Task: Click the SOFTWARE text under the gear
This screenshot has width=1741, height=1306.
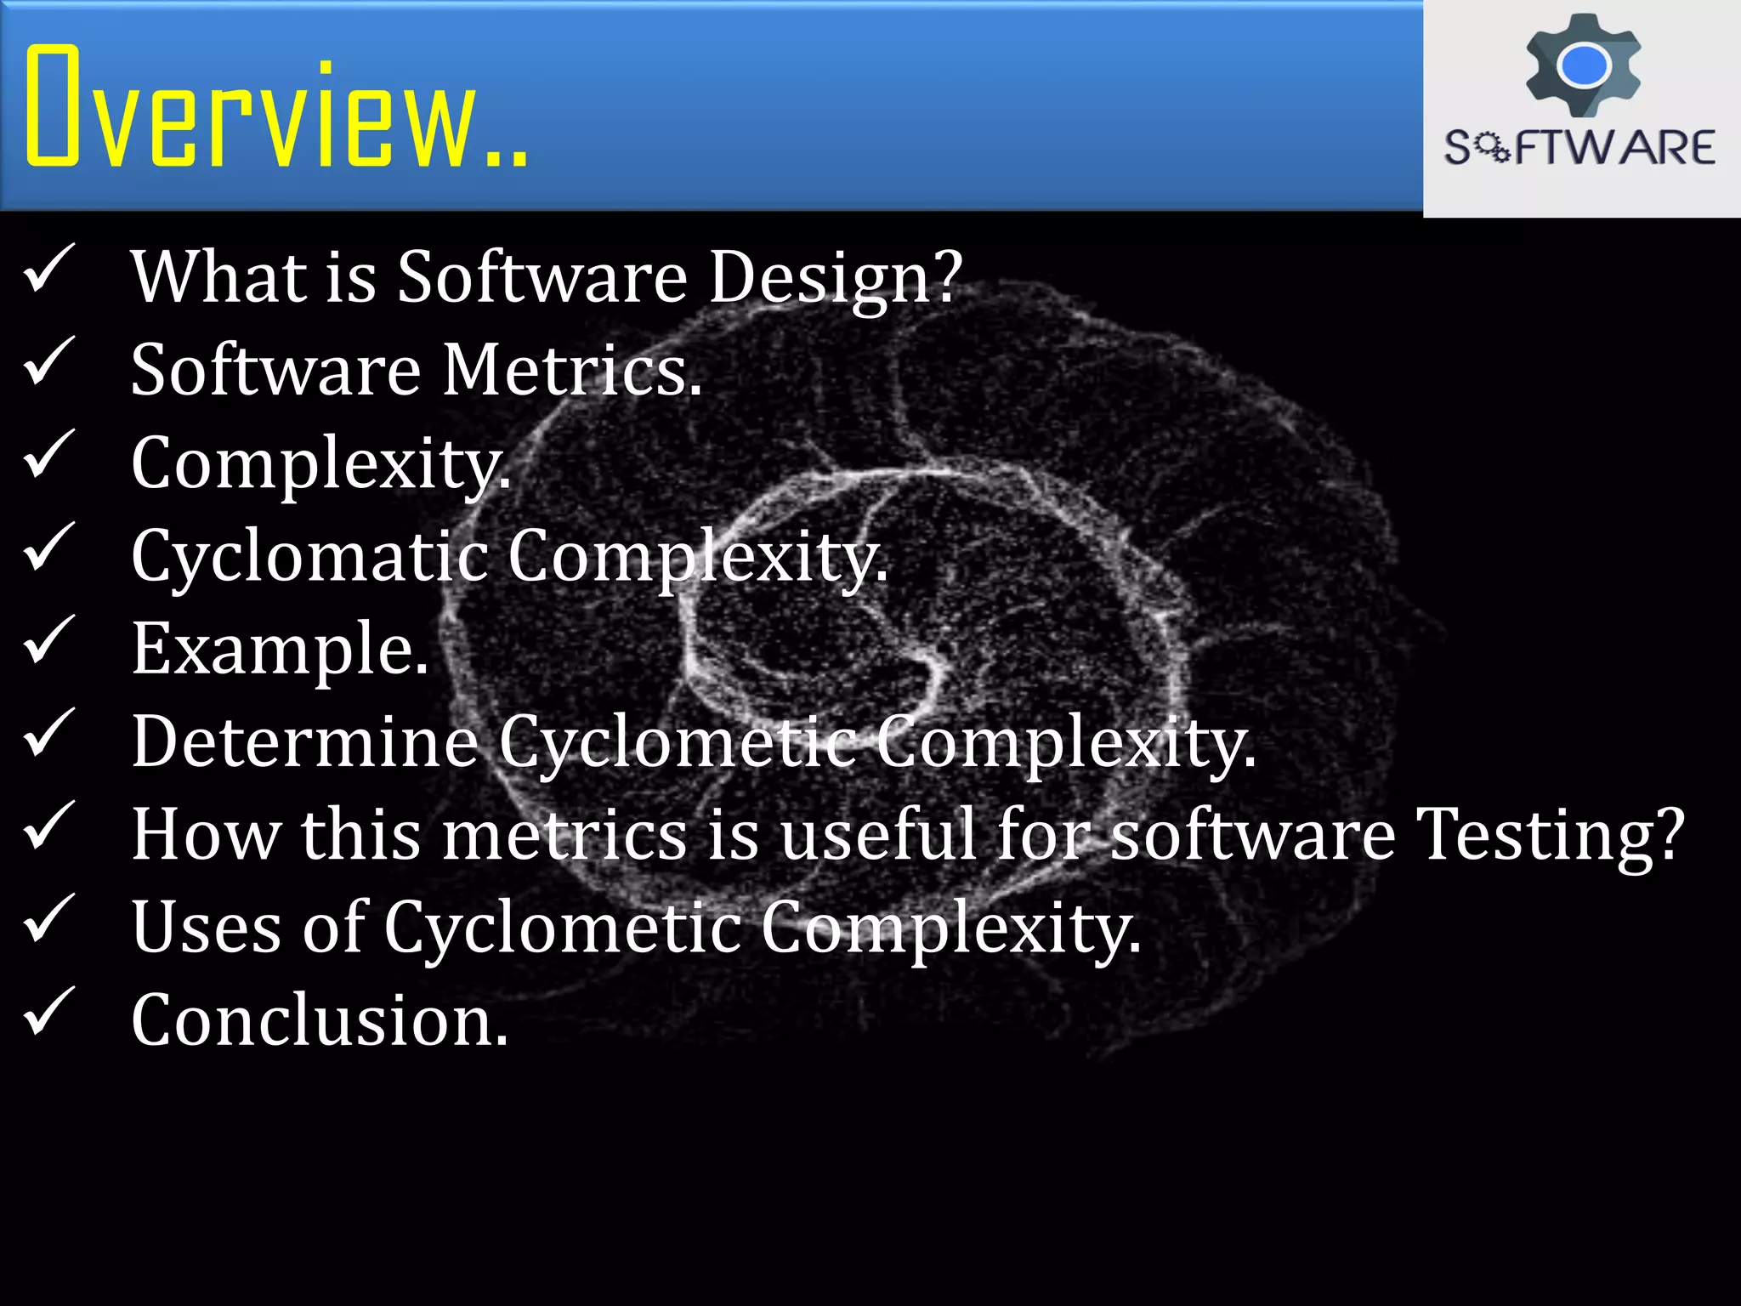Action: (x=1579, y=148)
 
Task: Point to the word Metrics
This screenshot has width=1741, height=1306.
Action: (x=571, y=371)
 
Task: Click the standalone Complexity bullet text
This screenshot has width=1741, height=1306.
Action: (x=321, y=464)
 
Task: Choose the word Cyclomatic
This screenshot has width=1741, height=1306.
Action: (x=309, y=557)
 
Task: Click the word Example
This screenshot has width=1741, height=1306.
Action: (x=280, y=650)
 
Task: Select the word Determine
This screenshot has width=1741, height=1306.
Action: (x=304, y=742)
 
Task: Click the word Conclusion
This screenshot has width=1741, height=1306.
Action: (x=320, y=1020)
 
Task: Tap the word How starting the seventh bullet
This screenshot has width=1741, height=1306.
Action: (x=205, y=835)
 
